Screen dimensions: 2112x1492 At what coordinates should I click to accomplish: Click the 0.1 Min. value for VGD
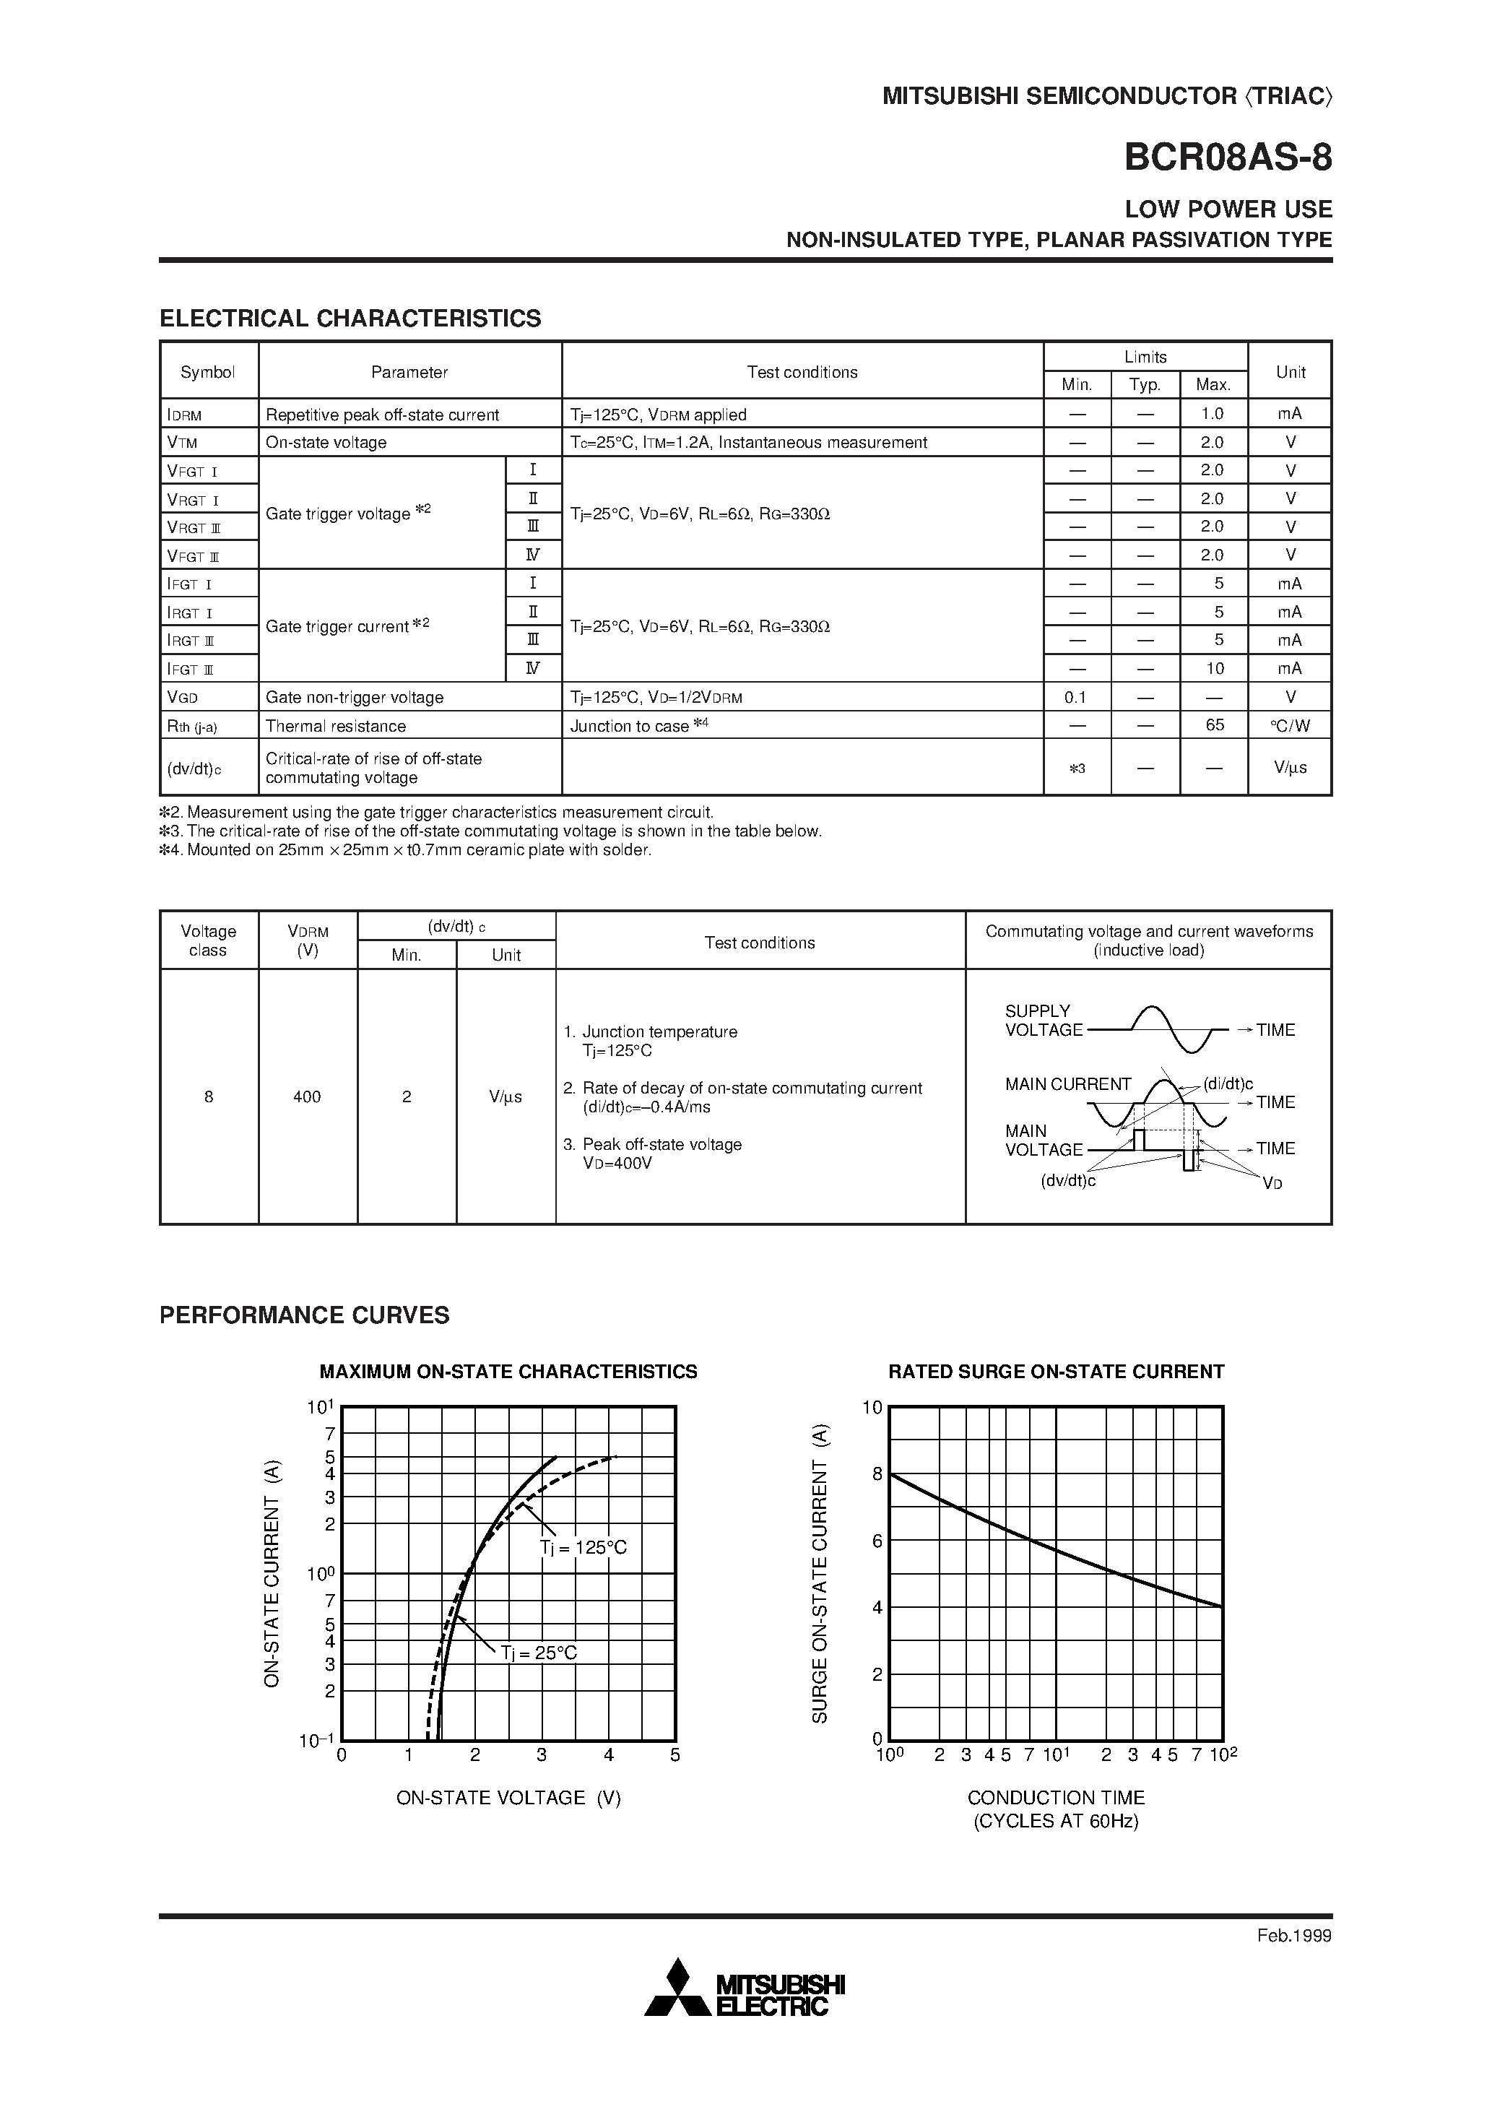1075,697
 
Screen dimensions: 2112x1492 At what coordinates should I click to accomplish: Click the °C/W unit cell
1290,725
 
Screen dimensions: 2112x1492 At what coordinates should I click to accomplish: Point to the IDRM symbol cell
184,415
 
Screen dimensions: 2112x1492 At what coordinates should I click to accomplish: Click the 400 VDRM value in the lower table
307,1096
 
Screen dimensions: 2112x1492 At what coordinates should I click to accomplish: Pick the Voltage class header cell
208,940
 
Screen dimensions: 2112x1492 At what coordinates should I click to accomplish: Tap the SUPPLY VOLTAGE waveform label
1042,1020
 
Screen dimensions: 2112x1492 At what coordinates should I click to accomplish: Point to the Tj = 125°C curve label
584,1548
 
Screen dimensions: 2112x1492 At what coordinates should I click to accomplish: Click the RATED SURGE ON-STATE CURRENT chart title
1056,1372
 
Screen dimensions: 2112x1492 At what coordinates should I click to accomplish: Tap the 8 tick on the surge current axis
877,1474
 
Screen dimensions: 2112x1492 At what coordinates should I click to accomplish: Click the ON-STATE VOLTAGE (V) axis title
508,1797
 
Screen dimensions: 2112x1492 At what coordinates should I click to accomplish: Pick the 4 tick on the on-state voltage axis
608,1755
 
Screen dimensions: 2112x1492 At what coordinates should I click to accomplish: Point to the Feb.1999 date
1293,1935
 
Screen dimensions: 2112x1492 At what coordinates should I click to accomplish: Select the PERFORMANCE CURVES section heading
305,1315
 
